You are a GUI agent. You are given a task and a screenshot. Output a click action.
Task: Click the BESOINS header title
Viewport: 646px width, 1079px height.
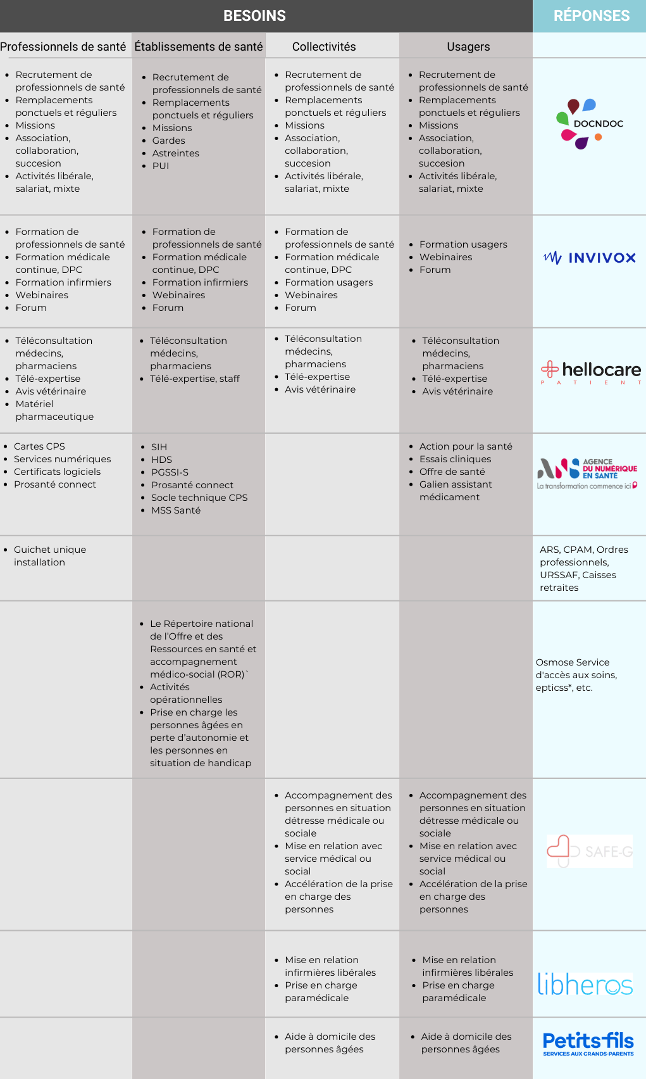254,16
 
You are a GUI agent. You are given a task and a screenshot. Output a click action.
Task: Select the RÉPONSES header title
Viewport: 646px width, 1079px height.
591,16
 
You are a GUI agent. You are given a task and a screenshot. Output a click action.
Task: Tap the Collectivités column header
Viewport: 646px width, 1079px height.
324,47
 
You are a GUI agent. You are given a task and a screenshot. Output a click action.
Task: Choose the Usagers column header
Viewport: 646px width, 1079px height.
468,47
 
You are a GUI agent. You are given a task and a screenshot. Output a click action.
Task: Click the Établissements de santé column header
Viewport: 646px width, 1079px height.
199,47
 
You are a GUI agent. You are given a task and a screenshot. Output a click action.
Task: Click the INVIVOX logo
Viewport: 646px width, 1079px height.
589,258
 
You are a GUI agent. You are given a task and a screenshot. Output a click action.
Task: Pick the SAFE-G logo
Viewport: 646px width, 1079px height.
590,851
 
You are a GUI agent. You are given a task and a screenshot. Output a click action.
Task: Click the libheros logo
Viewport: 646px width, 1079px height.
585,984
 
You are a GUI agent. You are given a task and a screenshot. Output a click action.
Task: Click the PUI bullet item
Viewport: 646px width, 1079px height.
161,166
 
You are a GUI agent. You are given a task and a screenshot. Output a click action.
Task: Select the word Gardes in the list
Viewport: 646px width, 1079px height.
168,141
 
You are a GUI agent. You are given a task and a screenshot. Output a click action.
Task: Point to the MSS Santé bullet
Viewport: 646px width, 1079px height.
176,510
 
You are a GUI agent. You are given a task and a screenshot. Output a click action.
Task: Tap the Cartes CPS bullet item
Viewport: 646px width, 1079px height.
39,446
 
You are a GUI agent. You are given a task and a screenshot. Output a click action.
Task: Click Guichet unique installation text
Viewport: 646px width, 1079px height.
49,556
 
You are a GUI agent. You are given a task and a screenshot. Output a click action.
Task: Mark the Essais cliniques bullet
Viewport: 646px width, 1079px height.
455,459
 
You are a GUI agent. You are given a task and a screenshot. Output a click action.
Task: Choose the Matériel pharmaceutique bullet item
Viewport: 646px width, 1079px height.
54,410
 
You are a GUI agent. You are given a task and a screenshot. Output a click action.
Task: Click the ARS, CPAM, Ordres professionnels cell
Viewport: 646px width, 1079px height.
584,569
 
